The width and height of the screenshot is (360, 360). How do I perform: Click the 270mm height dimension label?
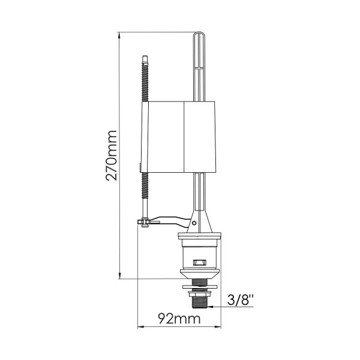[x=112, y=155]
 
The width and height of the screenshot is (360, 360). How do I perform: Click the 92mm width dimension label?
[x=179, y=319]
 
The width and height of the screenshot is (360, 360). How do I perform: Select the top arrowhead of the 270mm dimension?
[x=119, y=35]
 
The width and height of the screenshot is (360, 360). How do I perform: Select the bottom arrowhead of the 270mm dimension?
[x=119, y=276]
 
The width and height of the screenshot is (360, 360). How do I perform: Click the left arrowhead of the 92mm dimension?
[x=140, y=327]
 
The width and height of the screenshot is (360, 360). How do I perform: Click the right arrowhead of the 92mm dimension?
[x=218, y=327]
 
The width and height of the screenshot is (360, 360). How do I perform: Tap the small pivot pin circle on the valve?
[x=194, y=223]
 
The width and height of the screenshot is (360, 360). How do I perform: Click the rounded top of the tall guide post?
[x=199, y=33]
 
